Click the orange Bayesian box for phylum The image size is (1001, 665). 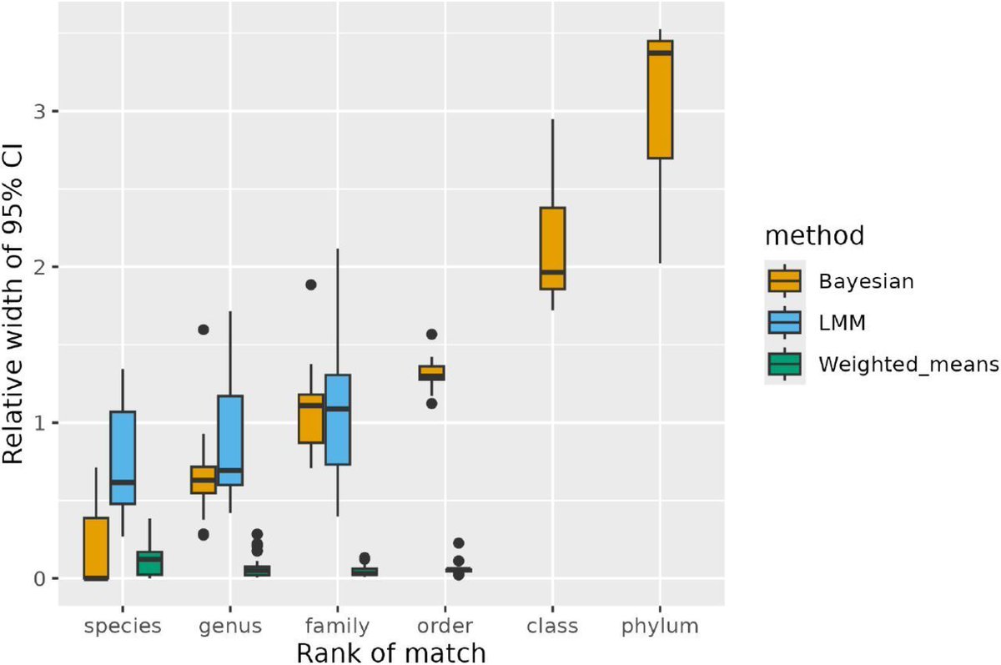660,98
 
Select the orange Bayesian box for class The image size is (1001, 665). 552,248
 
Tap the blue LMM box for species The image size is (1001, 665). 123,457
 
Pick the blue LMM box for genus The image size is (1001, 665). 230,441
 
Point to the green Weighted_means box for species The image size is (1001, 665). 150,563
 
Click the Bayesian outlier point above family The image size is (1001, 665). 311,285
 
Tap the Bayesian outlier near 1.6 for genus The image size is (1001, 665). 204,330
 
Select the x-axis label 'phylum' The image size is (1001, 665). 660,626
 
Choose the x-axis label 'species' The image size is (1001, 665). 123,626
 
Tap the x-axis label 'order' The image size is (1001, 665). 445,626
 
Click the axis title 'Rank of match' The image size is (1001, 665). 391,651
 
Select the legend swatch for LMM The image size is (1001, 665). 785,322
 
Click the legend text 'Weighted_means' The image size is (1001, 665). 896,365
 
